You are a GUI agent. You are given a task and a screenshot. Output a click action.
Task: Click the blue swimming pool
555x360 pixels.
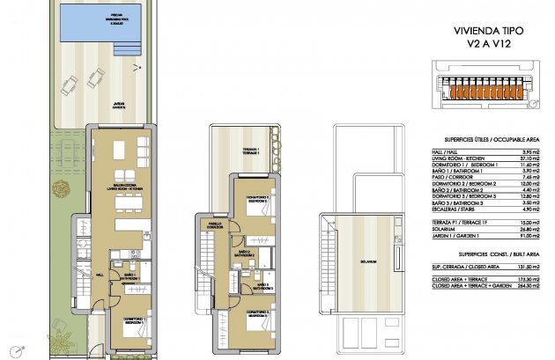[x=97, y=22]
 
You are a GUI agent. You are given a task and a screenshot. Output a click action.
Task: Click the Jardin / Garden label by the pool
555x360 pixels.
[x=118, y=104]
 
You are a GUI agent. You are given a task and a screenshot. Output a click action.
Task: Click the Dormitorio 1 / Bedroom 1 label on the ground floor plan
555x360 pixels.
[x=129, y=323]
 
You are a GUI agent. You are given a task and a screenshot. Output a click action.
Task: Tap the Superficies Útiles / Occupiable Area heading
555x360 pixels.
[x=483, y=140]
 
